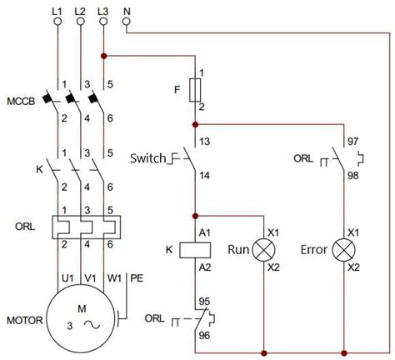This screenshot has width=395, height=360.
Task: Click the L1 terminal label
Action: [58, 9]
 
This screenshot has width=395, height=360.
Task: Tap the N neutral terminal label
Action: [127, 9]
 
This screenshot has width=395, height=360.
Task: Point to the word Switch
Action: [148, 158]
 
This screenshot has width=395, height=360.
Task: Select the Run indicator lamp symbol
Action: [263, 248]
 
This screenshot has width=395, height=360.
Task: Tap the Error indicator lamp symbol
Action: [343, 248]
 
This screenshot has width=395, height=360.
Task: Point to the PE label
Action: [136, 277]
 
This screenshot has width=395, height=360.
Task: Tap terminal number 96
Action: [202, 337]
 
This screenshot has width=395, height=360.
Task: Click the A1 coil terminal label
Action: [202, 232]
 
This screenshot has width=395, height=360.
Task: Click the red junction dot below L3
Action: [103, 57]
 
